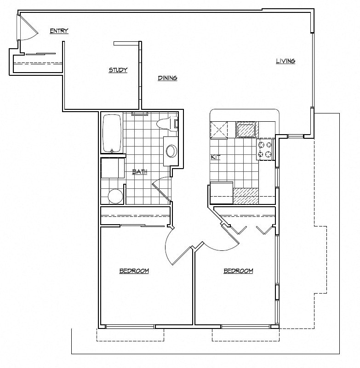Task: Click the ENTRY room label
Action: tap(59, 31)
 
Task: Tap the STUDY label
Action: tap(118, 70)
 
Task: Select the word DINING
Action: tap(167, 78)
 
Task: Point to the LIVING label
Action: tap(285, 61)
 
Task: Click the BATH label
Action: tap(139, 172)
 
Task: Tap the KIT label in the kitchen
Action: tap(215, 157)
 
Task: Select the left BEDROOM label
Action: tap(134, 271)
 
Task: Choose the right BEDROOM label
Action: tap(238, 271)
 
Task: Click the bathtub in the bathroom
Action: tap(112, 133)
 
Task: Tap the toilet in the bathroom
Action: tap(166, 124)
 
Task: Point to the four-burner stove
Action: tap(265, 149)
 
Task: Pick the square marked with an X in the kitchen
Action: tap(219, 130)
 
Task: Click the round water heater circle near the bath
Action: tap(116, 197)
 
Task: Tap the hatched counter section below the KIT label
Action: tap(247, 196)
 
